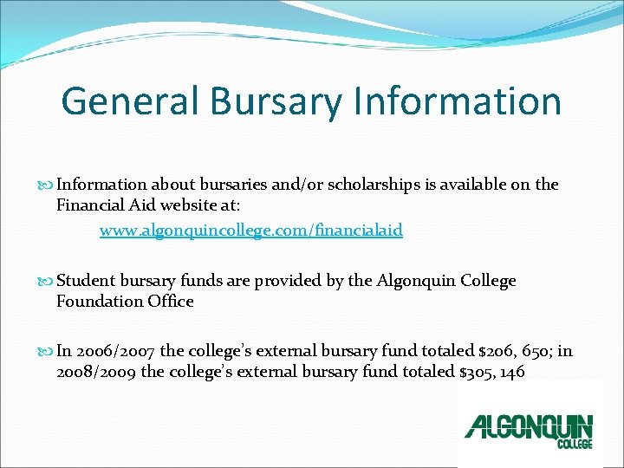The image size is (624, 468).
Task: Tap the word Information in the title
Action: coord(458,101)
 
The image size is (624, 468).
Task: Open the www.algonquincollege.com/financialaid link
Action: coord(251,231)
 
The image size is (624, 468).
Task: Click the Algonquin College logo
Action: coord(529,428)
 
